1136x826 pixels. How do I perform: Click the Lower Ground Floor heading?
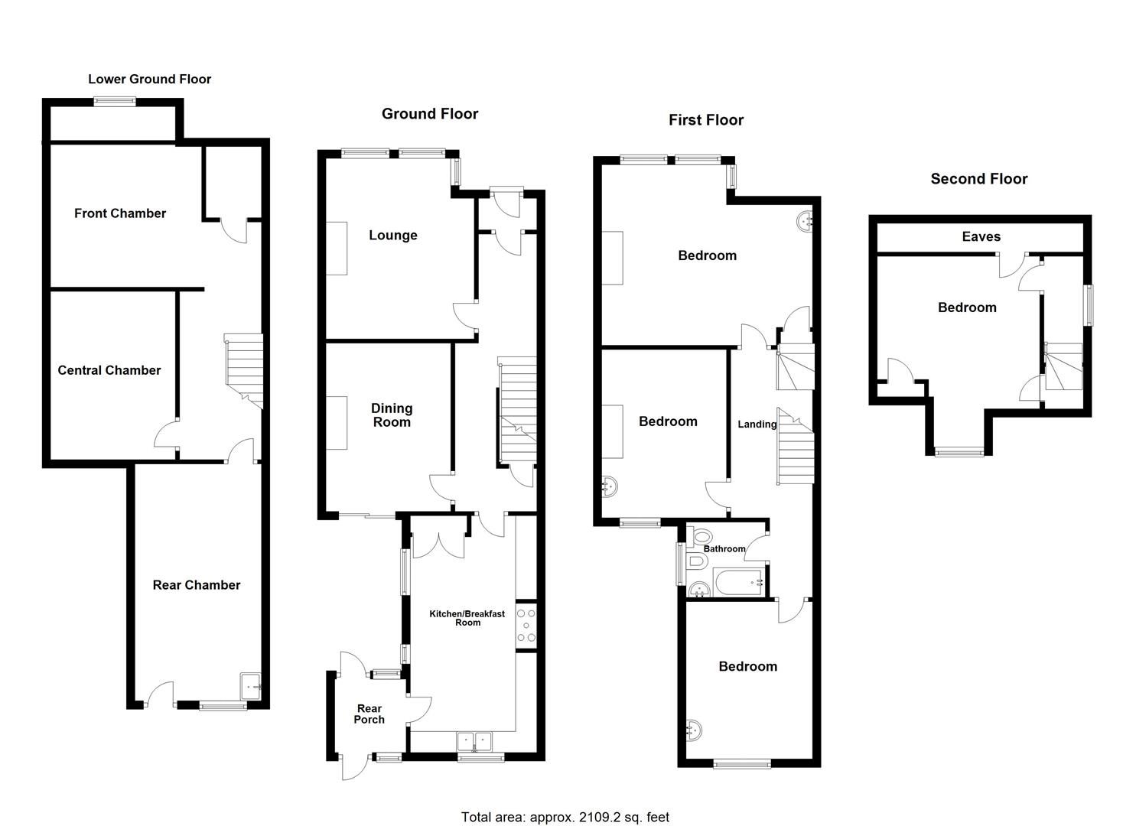(149, 79)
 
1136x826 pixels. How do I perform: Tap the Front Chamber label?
(120, 213)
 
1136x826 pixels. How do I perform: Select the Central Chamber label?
(109, 370)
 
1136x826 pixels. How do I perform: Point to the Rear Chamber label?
(197, 585)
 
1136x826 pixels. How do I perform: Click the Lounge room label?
(393, 236)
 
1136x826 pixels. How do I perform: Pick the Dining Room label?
(392, 415)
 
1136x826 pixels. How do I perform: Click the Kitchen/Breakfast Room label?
(467, 618)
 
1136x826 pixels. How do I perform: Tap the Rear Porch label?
(369, 714)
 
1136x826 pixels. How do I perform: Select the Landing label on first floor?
(757, 424)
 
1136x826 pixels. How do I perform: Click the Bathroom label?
(724, 548)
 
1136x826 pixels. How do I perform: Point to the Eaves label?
(981, 237)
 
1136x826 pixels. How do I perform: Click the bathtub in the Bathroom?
(739, 583)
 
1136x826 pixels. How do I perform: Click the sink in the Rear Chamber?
(251, 686)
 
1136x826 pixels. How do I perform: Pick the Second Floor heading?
(978, 179)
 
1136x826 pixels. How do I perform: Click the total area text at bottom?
(565, 817)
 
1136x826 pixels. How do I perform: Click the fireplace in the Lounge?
(337, 248)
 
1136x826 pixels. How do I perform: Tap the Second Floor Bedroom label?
(967, 307)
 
